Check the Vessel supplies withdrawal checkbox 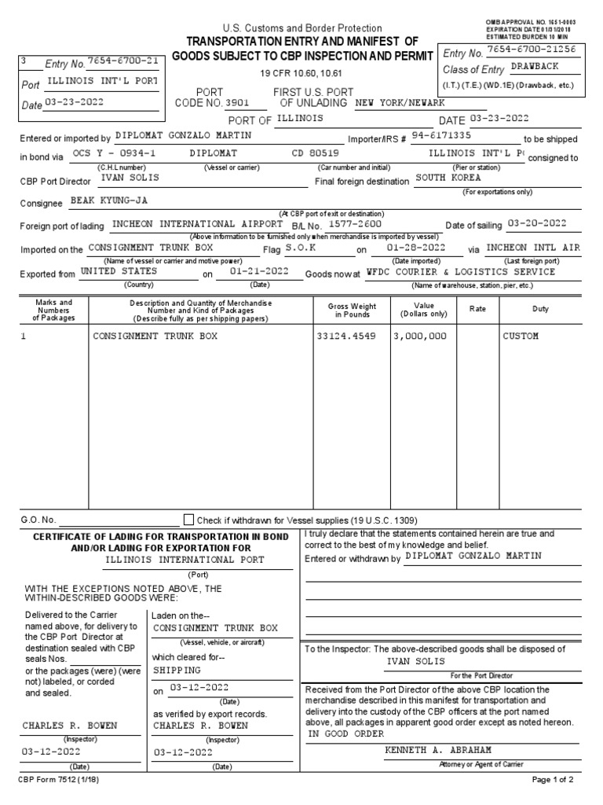pyautogui.click(x=188, y=520)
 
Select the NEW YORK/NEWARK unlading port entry pyautogui.click(x=400, y=103)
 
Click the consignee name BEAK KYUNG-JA pyautogui.click(x=109, y=201)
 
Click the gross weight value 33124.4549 pyautogui.click(x=347, y=336)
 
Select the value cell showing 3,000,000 pyautogui.click(x=420, y=336)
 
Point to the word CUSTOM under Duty pyautogui.click(x=521, y=336)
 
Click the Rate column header pyautogui.click(x=477, y=309)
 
